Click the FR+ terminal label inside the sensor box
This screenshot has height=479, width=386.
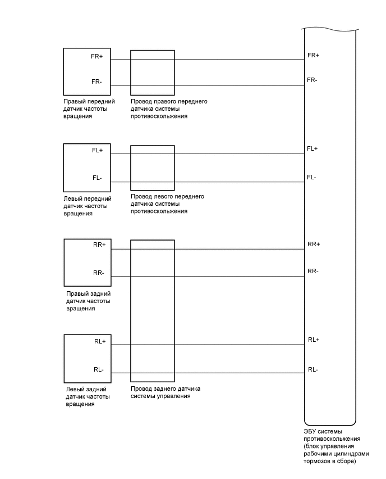click(x=96, y=57)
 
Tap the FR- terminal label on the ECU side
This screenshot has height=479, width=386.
click(x=313, y=80)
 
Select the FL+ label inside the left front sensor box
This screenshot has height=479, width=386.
click(x=98, y=151)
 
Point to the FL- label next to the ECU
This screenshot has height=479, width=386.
click(x=311, y=178)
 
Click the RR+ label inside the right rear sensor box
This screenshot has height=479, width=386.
click(x=99, y=245)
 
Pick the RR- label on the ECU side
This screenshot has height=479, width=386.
click(x=313, y=272)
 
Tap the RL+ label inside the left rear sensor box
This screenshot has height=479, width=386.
click(x=100, y=341)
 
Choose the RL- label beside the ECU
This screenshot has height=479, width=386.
click(x=313, y=369)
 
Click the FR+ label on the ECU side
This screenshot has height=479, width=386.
click(x=313, y=55)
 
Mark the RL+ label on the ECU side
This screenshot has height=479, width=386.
click(x=314, y=340)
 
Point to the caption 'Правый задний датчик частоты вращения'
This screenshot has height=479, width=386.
click(x=88, y=301)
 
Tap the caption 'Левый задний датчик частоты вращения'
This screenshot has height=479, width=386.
click(x=86, y=396)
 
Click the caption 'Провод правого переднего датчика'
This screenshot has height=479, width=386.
click(x=169, y=109)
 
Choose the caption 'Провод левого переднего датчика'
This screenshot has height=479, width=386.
click(x=167, y=204)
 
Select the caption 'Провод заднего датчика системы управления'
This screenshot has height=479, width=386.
click(x=166, y=392)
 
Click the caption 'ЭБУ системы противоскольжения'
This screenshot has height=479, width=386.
click(x=331, y=446)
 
